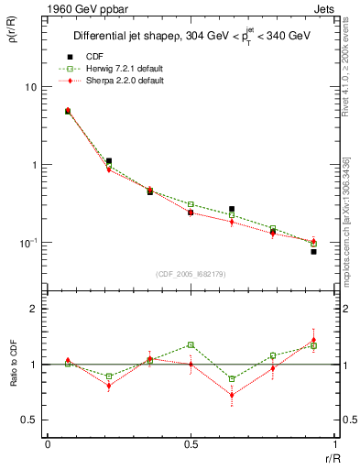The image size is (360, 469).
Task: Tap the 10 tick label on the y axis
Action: tap(29, 87)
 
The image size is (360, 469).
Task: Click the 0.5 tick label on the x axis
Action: tap(190, 444)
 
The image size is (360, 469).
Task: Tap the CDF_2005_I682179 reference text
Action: tap(191, 274)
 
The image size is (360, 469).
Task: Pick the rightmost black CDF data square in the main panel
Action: tap(313, 251)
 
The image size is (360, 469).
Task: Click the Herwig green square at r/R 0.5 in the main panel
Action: tap(191, 204)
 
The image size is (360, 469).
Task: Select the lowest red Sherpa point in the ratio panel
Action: tap(232, 396)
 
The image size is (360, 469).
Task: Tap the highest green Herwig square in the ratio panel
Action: tap(191, 345)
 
